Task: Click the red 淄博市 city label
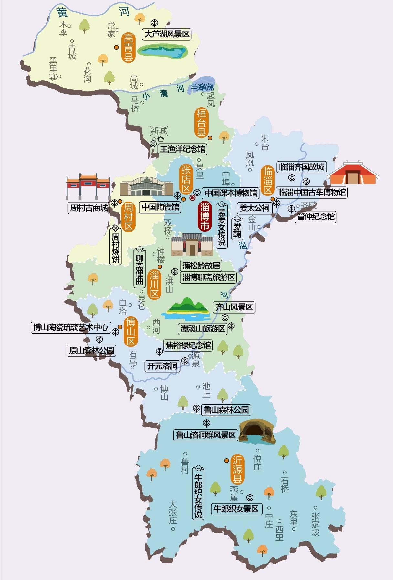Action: (x=204, y=216)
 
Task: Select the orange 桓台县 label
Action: (x=202, y=123)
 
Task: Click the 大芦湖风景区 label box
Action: (x=167, y=34)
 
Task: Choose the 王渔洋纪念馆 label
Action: (x=182, y=149)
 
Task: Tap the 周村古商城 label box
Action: (x=89, y=208)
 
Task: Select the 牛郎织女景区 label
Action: (x=236, y=509)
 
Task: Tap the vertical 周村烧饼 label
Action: (x=116, y=245)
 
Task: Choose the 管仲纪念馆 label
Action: (x=316, y=216)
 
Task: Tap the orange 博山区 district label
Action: (x=131, y=332)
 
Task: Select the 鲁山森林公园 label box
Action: (x=226, y=410)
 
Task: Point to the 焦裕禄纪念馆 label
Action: (x=188, y=345)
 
